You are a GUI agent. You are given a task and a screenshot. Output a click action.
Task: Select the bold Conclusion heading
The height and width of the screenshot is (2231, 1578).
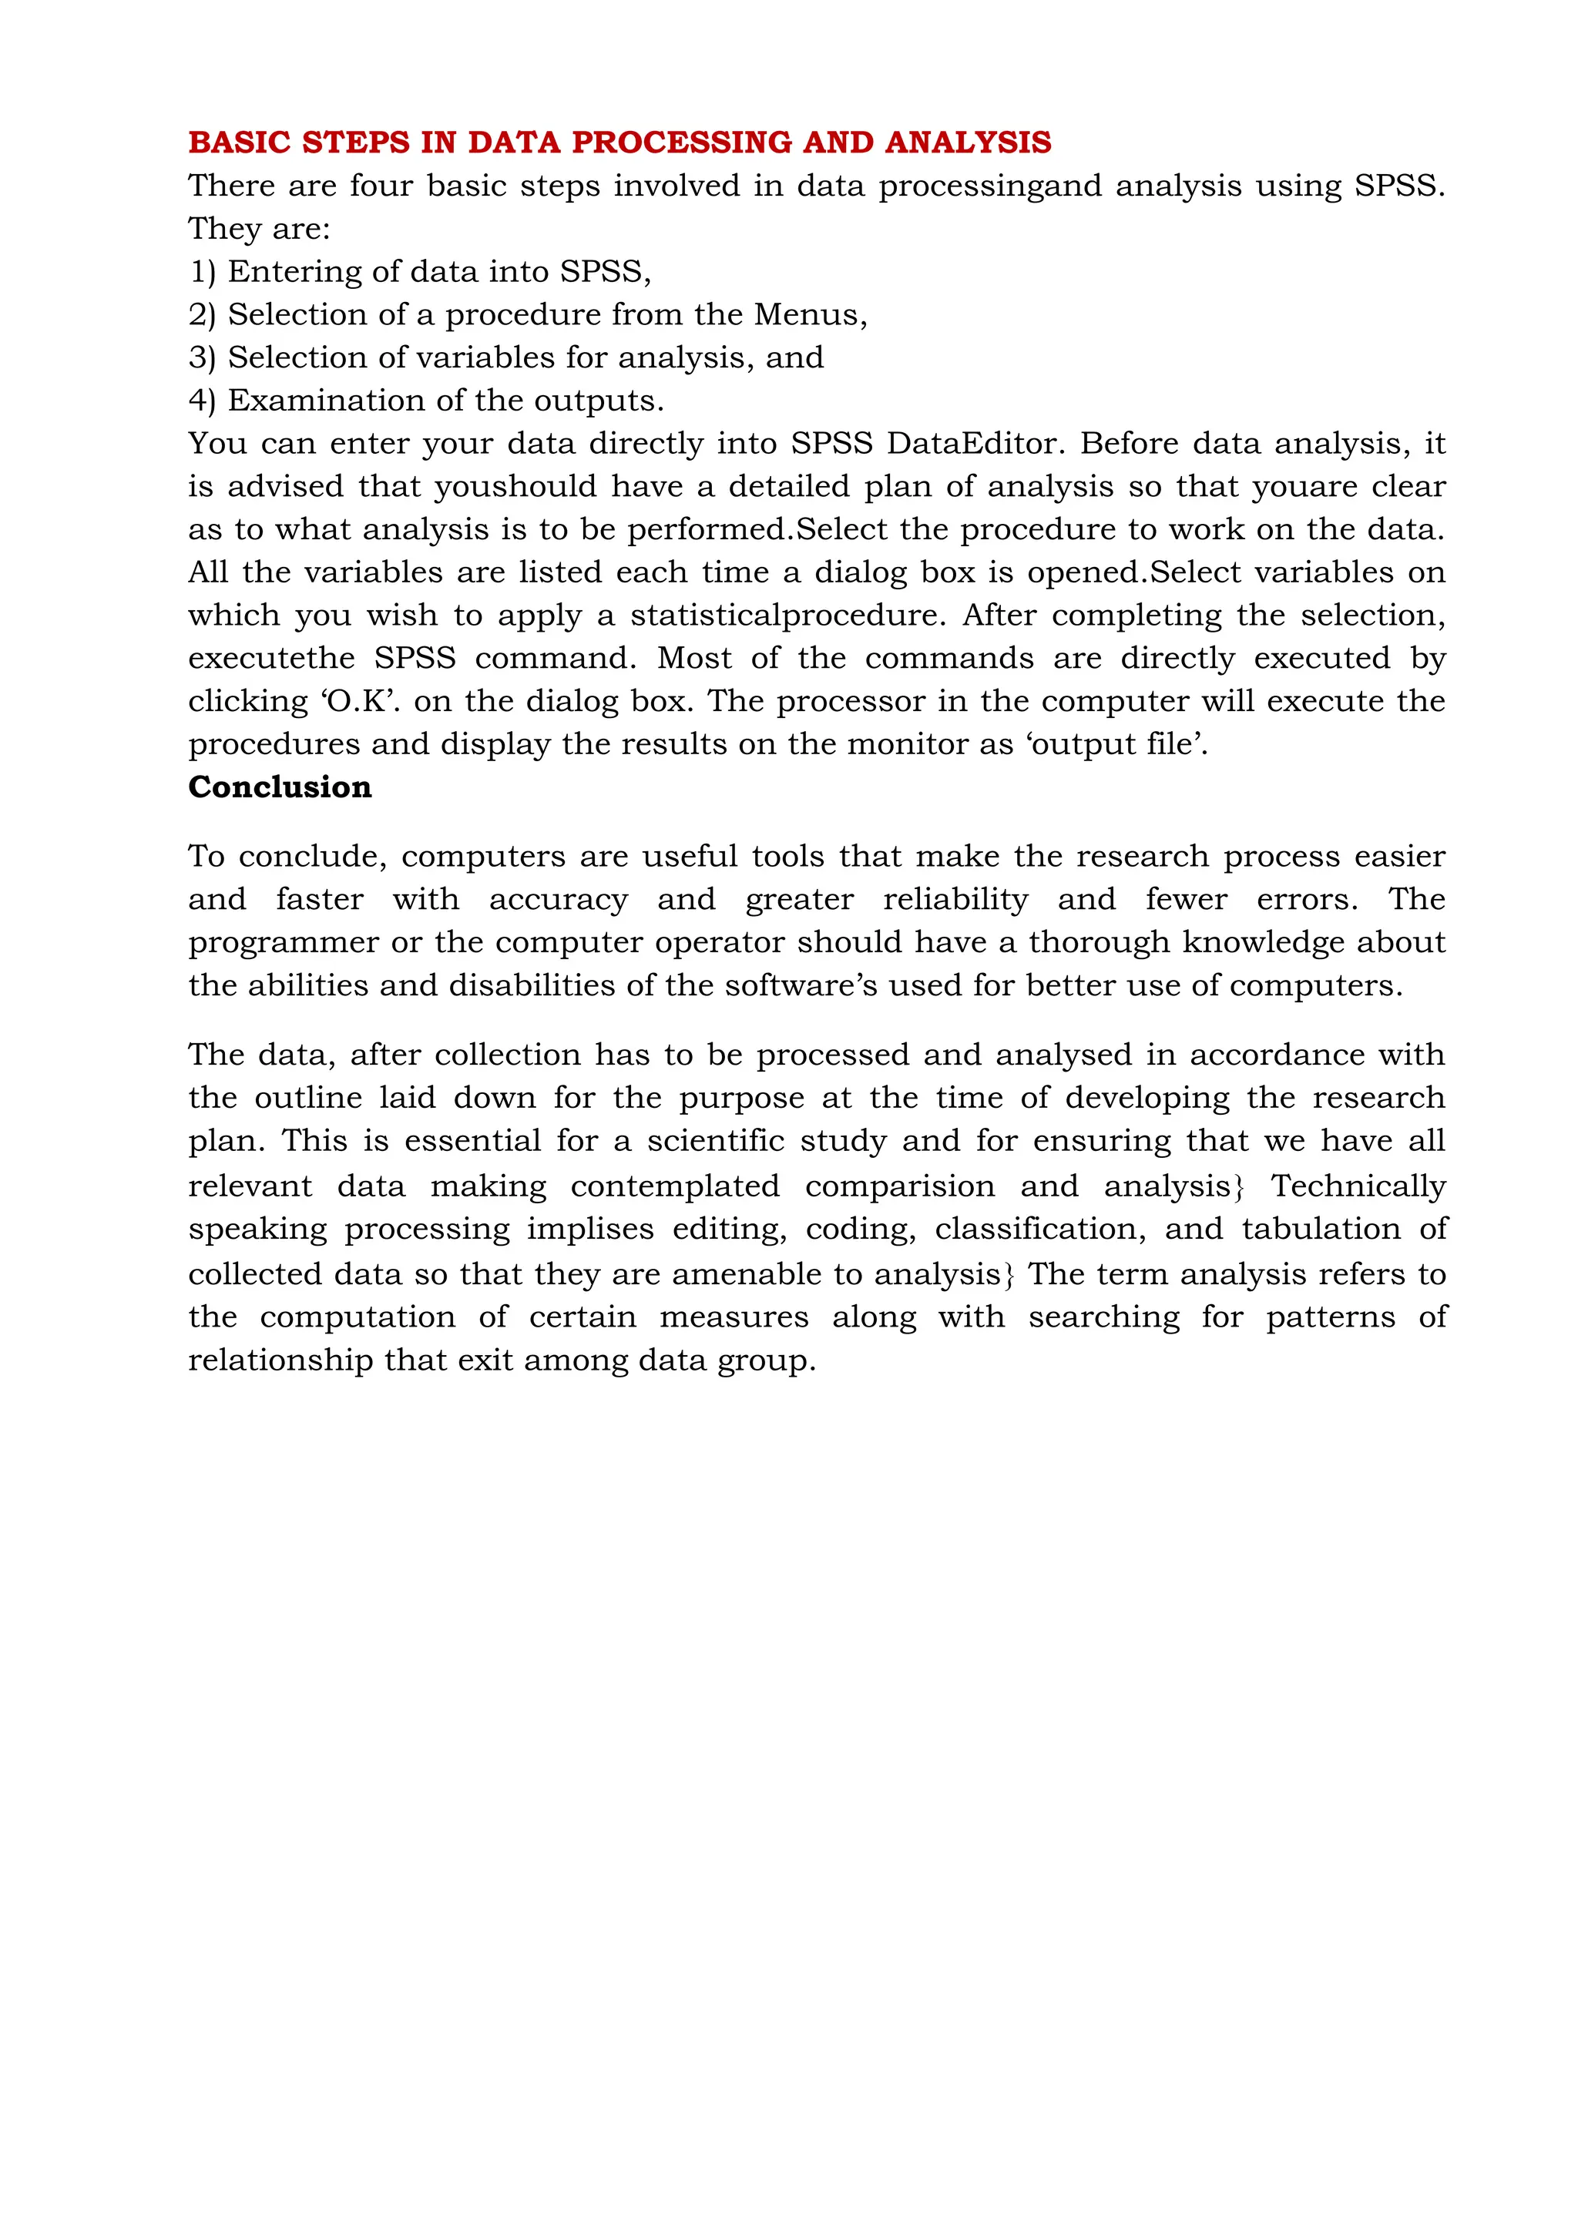(280, 787)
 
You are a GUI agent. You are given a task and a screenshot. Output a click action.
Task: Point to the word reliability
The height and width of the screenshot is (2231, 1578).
(955, 899)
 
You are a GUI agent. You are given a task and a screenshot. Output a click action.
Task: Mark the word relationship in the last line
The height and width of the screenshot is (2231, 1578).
(280, 1360)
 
